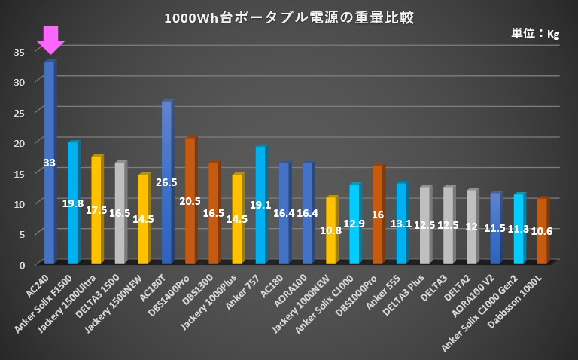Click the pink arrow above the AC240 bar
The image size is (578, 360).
[x=50, y=39]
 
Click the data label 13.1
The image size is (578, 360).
[x=401, y=224]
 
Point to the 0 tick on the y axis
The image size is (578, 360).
[x=23, y=264]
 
